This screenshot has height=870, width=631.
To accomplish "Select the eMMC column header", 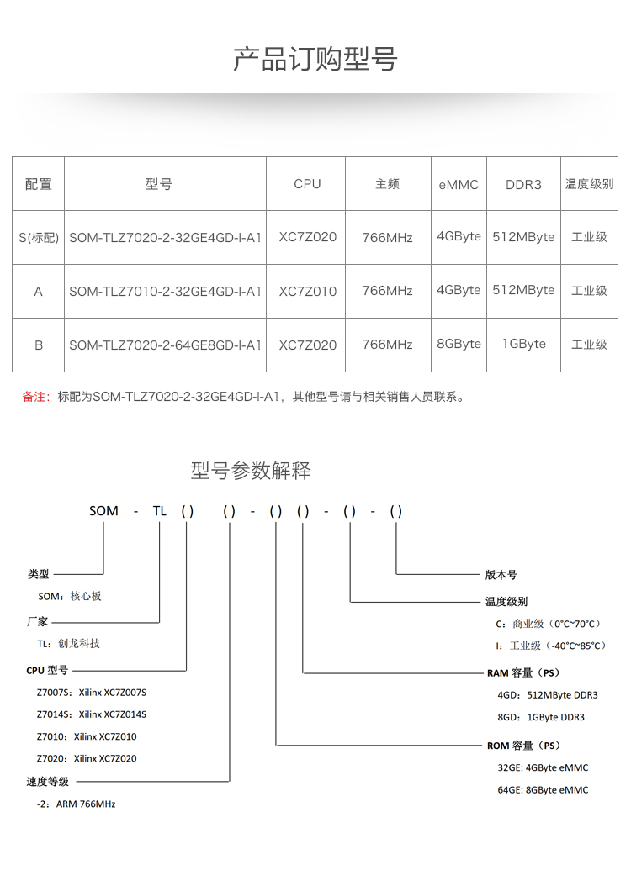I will coord(459,184).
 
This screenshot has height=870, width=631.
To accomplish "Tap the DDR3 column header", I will coord(523,184).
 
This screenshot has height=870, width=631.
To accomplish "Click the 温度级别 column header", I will coord(589,183).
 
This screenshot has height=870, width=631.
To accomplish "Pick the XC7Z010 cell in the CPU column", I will coord(307,291).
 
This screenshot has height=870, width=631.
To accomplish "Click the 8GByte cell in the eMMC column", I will coord(459,344).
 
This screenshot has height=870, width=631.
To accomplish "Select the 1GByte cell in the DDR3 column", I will coord(523,344).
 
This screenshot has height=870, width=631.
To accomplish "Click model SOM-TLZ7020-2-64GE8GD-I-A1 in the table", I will coord(165,345).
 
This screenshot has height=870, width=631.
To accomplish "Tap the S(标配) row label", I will coord(39,238).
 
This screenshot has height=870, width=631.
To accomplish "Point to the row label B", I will coord(39,345).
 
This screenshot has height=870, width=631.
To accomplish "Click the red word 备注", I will coord(35,397).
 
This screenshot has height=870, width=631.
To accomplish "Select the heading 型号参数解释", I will coord(251,471).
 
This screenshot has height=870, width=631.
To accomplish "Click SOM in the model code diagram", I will coord(104,511).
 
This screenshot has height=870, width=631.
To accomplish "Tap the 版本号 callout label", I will coord(501,575).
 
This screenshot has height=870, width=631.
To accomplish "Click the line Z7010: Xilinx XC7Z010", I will coord(87,736).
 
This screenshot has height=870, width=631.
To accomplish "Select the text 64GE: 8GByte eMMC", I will coord(543,790).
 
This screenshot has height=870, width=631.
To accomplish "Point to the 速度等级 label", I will coord(48,782).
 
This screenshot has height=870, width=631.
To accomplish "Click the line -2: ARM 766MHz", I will coord(77,804).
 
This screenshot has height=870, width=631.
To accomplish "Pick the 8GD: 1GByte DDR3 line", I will coord(541,717).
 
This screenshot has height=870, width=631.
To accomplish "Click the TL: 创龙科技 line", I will coord(68,643).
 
